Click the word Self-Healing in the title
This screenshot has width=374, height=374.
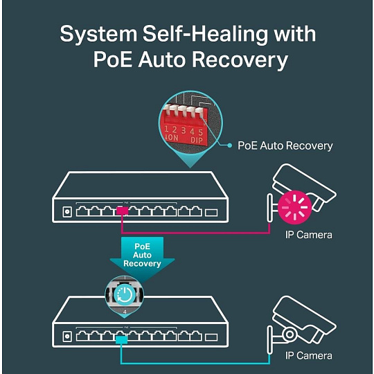(x=205, y=35)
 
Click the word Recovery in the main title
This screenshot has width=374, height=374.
(x=240, y=60)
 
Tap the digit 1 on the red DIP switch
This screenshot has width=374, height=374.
(x=166, y=129)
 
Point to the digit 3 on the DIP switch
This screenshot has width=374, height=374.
(x=183, y=130)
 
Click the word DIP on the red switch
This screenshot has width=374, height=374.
(x=197, y=140)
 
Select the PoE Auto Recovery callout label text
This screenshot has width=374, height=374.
(x=285, y=145)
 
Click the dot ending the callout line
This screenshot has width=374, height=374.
(x=229, y=145)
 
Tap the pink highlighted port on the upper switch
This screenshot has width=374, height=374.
(x=122, y=211)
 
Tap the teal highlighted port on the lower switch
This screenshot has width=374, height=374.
(x=121, y=339)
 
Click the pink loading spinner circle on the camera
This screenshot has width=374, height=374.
(x=295, y=207)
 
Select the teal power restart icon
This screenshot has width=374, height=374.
(x=124, y=295)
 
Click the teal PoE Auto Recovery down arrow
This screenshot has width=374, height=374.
(x=142, y=258)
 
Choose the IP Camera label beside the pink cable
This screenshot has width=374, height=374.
(x=309, y=235)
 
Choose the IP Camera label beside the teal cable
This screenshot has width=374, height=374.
(x=309, y=355)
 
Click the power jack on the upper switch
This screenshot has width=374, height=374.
(x=67, y=212)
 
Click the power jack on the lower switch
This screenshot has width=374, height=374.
(x=67, y=337)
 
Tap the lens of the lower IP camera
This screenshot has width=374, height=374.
(x=290, y=334)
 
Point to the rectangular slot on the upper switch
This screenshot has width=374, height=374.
(x=211, y=213)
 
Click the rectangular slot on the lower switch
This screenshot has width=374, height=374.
(x=211, y=337)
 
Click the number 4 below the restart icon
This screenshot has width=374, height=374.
(x=125, y=312)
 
